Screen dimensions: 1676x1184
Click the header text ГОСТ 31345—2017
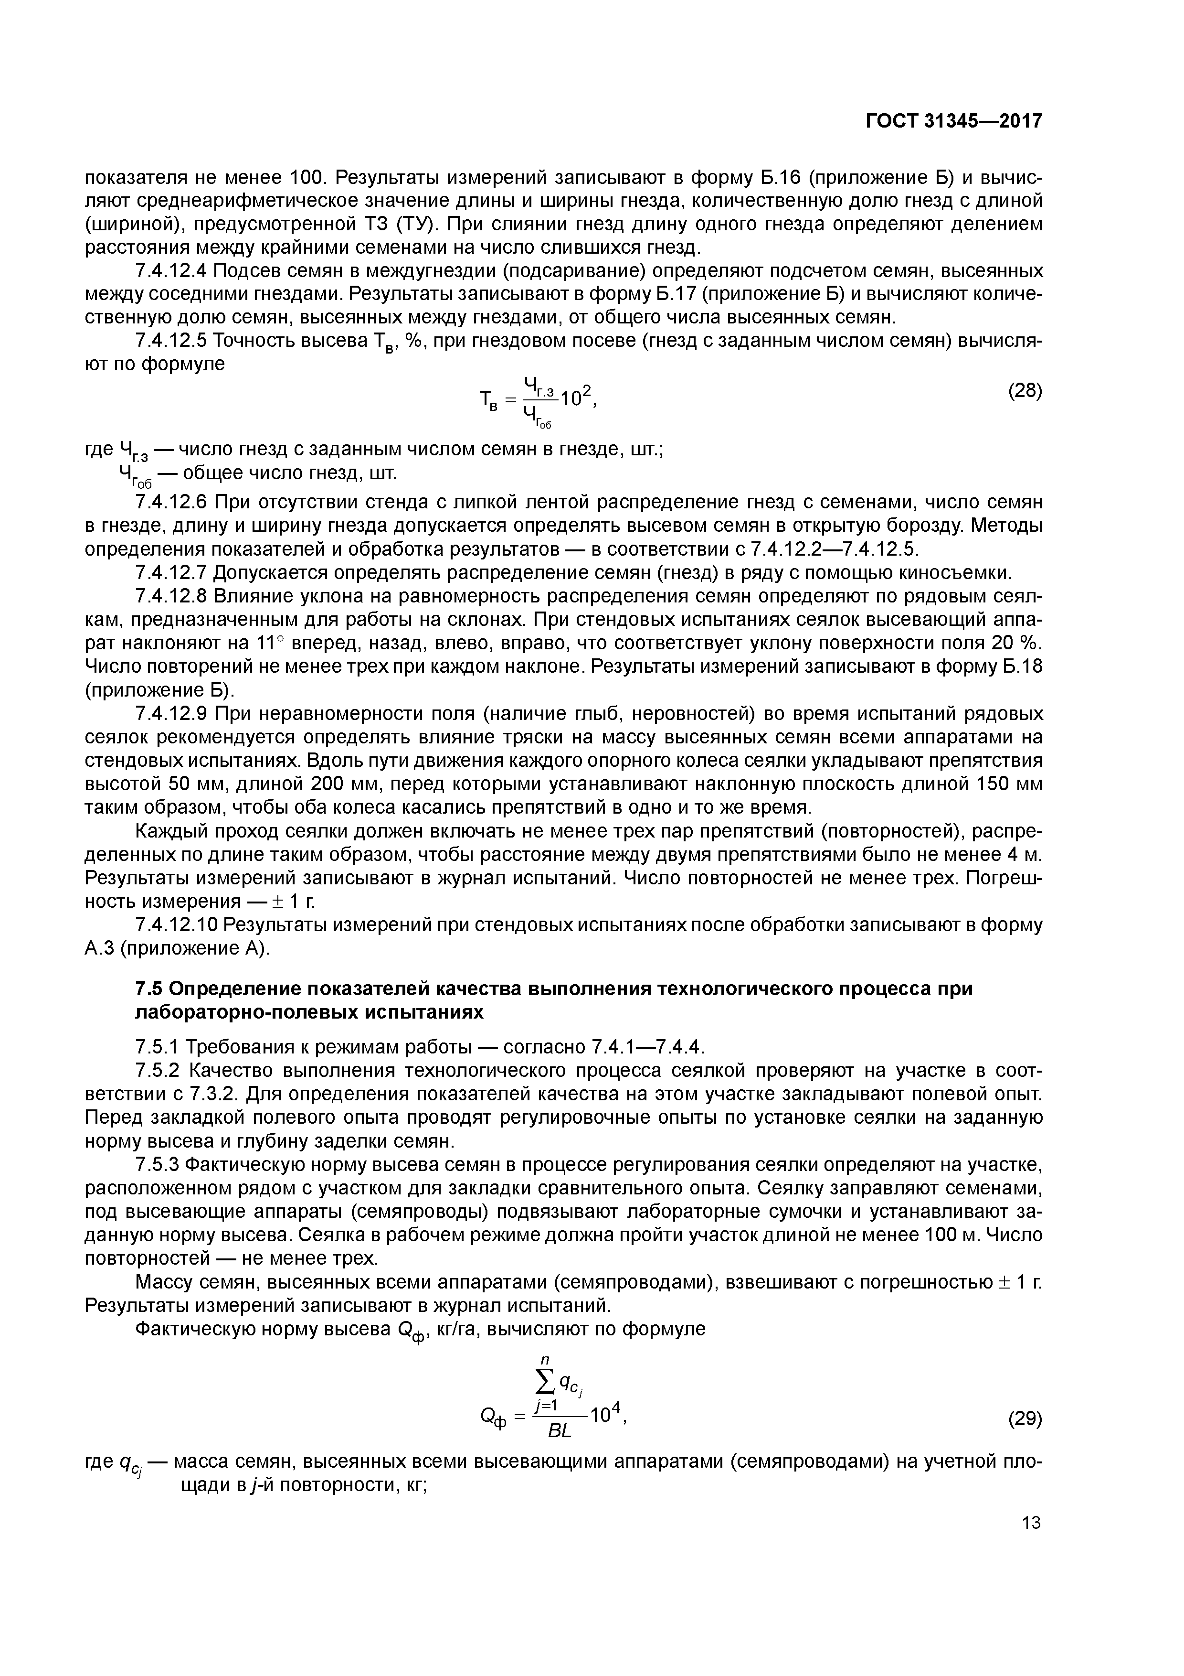coord(953,121)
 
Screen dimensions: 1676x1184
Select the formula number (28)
coord(1025,390)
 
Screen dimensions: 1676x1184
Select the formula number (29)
coord(1025,1419)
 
